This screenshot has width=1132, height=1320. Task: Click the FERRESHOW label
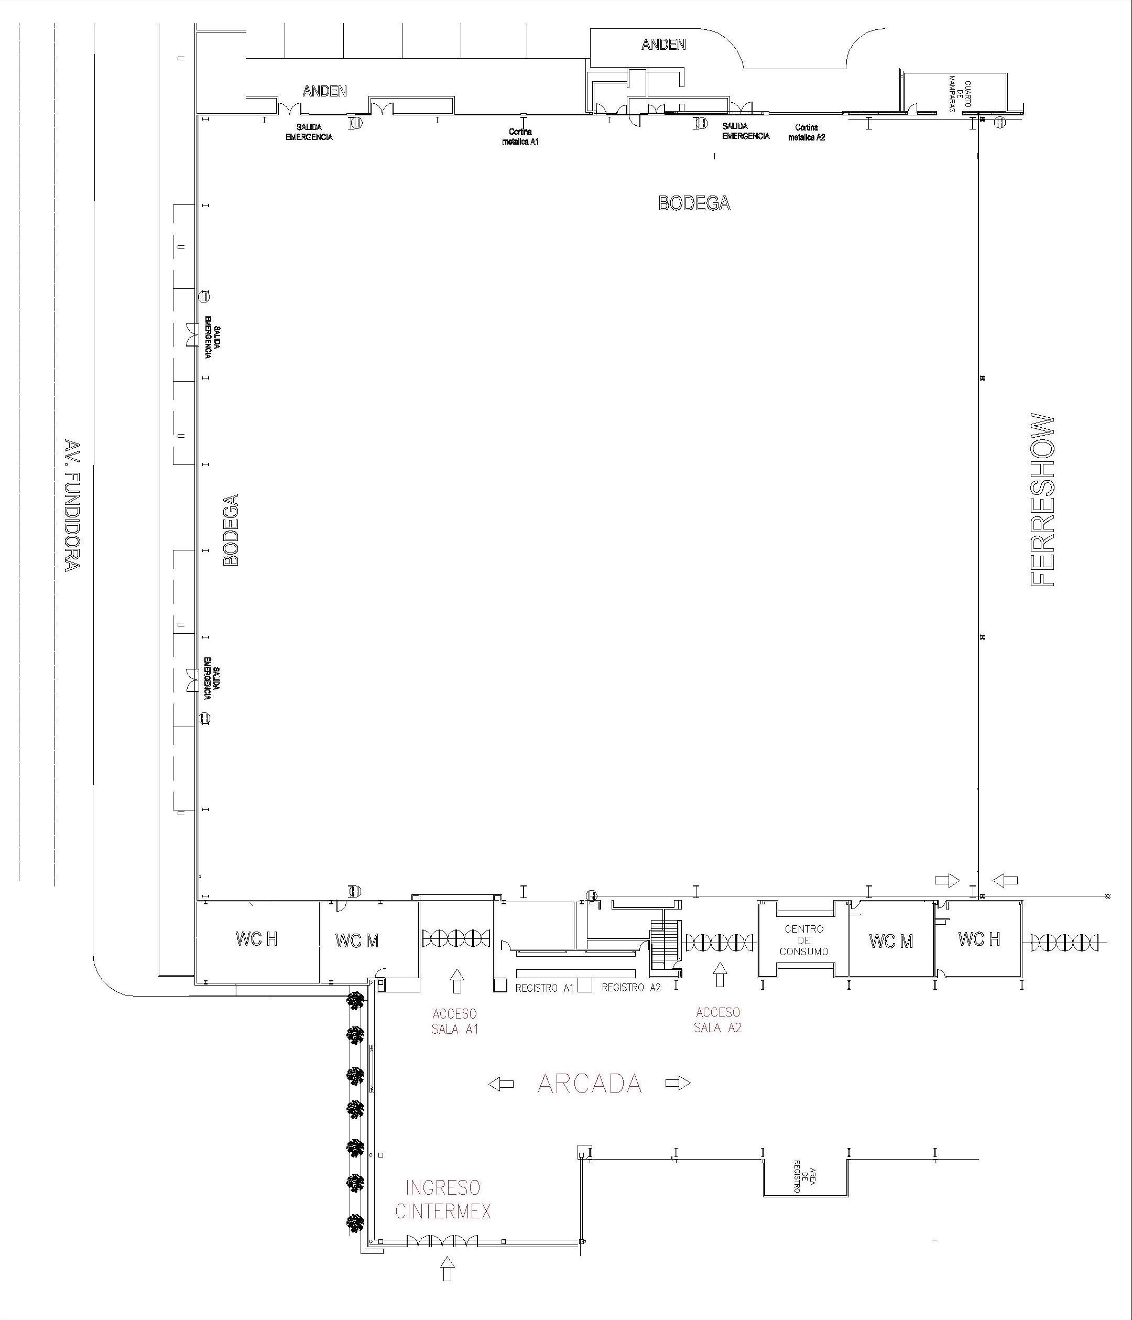click(x=1042, y=500)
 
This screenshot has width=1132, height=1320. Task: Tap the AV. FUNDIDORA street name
click(x=72, y=505)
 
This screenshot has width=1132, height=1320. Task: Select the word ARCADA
click(x=589, y=1084)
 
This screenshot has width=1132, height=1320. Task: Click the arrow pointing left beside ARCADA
click(x=502, y=1084)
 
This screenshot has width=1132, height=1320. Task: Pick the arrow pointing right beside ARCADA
click(x=678, y=1083)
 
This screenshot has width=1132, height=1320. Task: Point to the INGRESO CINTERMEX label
click(x=443, y=1199)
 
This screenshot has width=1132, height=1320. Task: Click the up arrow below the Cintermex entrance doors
click(x=448, y=1269)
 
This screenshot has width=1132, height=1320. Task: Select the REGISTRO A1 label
click(x=545, y=988)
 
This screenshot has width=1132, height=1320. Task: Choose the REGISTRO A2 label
click(x=632, y=988)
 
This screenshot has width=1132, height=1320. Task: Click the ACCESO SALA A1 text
click(x=455, y=1021)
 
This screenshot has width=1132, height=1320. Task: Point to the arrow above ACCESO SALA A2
click(x=720, y=975)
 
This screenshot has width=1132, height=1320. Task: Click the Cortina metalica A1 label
click(x=520, y=136)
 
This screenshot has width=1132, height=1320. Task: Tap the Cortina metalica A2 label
click(x=807, y=133)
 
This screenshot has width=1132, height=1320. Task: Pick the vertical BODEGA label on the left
click(x=230, y=530)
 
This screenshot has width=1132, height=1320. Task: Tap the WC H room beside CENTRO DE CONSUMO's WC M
click(x=978, y=938)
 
